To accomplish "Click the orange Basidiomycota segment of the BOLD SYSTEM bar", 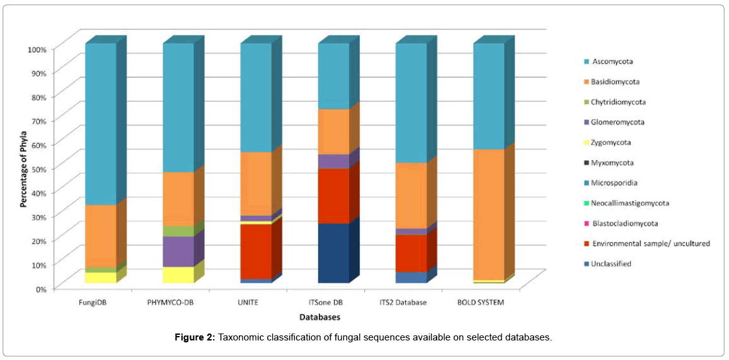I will point(488,214).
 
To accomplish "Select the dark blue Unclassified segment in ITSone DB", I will point(333,253).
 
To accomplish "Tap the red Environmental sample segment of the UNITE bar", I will point(256,251).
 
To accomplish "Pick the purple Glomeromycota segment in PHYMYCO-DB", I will point(178,252).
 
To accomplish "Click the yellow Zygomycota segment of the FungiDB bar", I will point(101,277).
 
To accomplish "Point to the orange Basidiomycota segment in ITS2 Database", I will point(411,195).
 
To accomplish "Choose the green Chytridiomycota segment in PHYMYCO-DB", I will point(178,231).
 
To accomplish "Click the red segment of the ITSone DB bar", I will point(333,195).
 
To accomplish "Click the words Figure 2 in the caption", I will point(195,338).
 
